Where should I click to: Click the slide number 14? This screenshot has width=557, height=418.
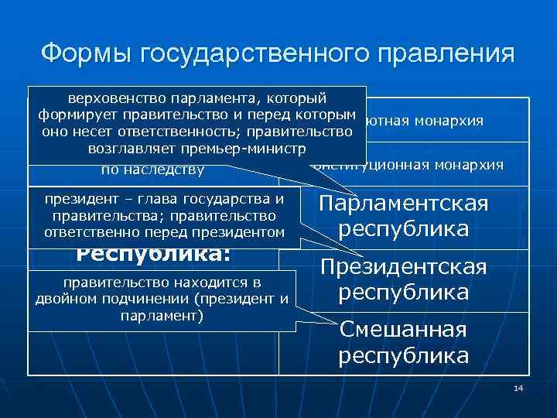tap(518, 387)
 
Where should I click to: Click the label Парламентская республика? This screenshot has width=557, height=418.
tap(403, 217)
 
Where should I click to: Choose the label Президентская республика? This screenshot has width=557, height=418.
tap(403, 280)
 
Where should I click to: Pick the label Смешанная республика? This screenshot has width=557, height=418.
tap(403, 342)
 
